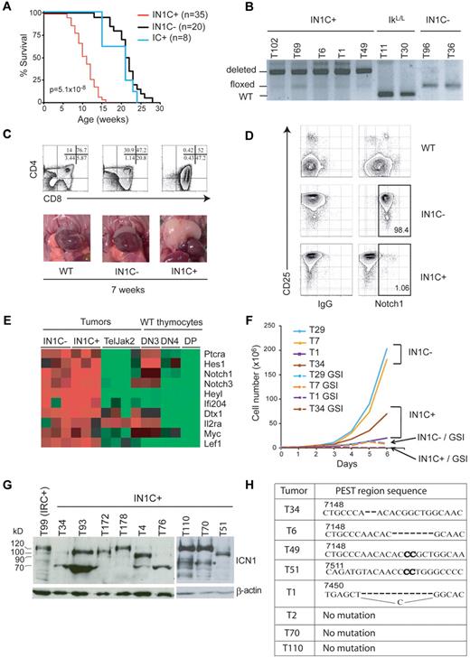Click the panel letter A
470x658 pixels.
coord(7,7)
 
